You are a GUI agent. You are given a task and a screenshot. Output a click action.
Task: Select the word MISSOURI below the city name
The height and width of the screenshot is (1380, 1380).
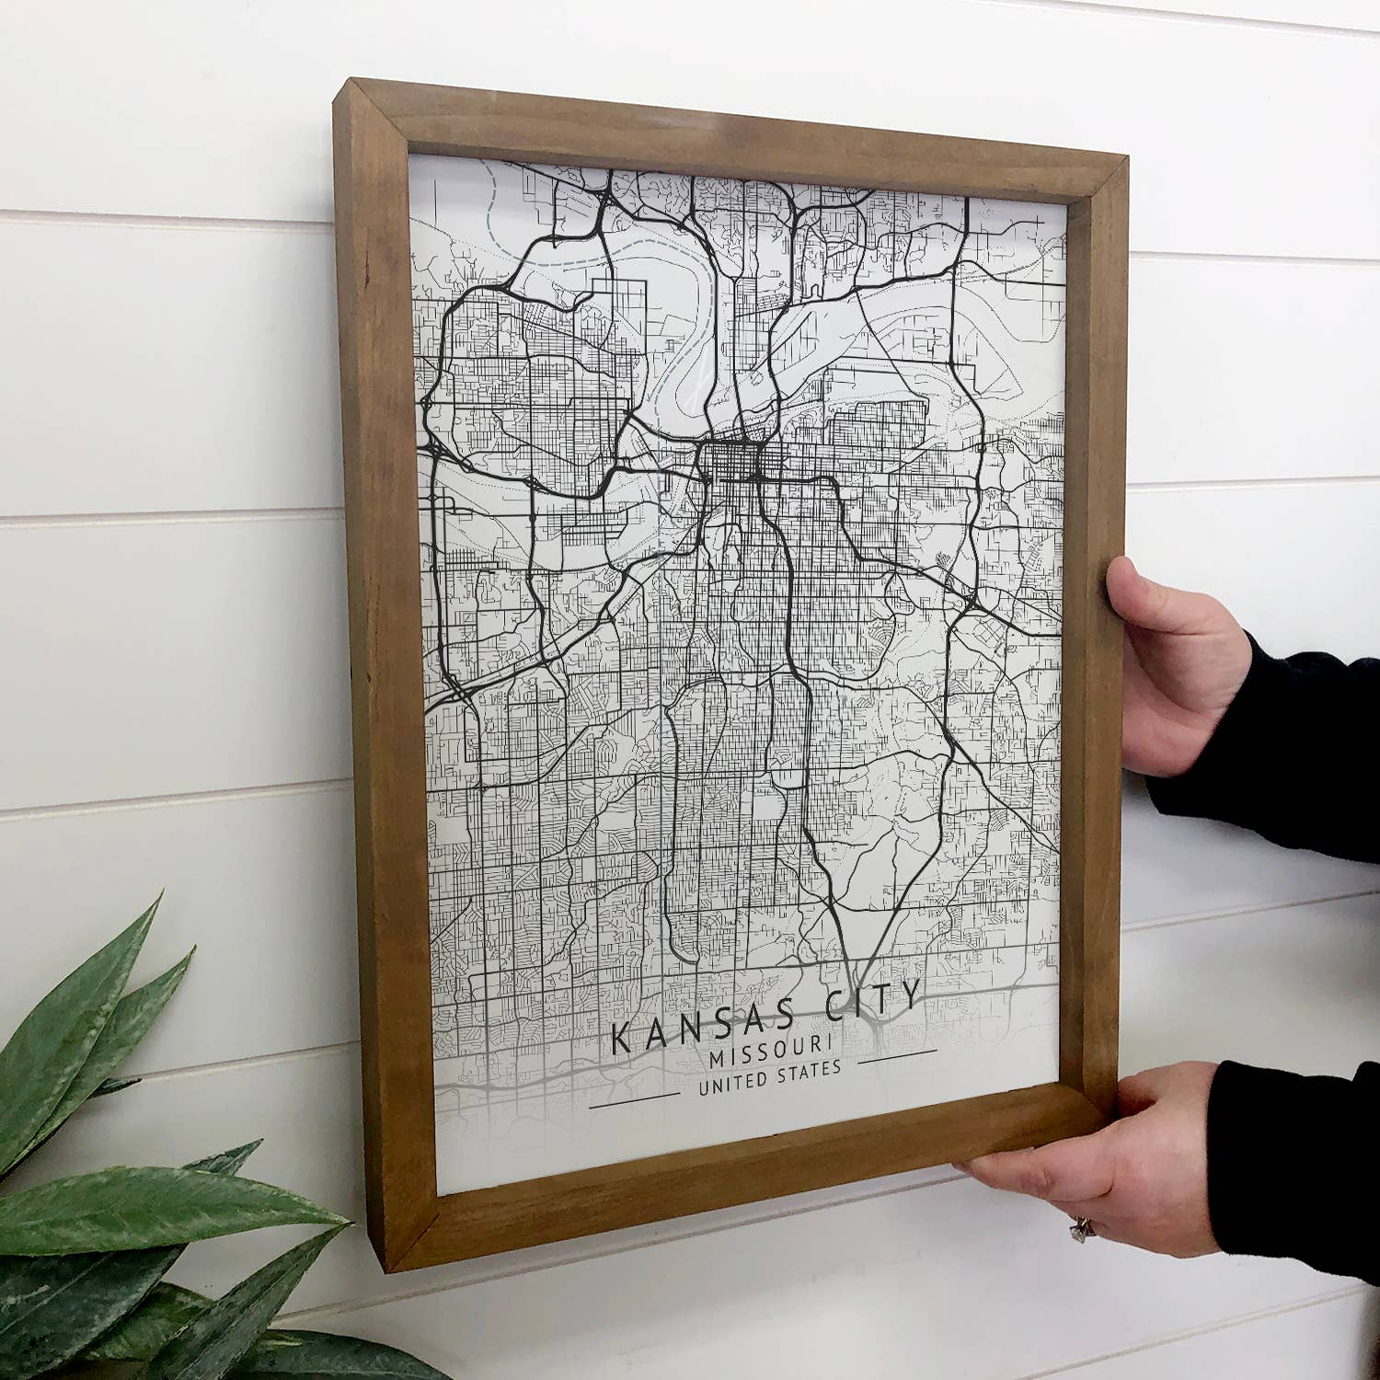point(771,1052)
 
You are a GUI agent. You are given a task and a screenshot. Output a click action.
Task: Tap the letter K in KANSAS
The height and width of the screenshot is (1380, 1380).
point(622,1040)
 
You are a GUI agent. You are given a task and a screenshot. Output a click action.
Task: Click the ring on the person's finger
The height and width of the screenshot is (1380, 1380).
point(1080,1228)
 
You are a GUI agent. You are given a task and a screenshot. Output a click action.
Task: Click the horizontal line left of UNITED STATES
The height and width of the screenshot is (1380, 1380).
point(635,1099)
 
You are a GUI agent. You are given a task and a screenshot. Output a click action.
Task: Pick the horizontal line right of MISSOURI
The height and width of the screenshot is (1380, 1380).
point(897,1054)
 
